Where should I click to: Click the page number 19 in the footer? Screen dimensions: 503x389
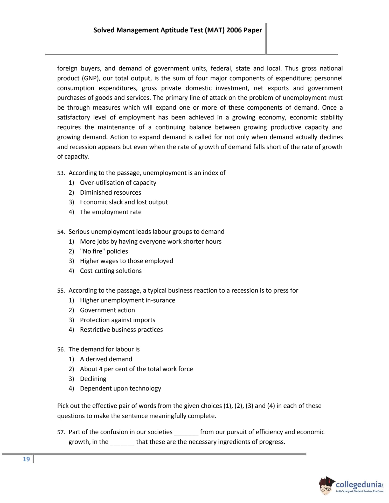[26, 459]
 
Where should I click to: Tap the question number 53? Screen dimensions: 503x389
[61, 173]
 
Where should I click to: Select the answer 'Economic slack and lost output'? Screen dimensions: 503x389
[124, 202]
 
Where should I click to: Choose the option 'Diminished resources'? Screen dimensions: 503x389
[110, 193]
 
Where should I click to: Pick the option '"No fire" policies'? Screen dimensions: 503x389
[104, 251]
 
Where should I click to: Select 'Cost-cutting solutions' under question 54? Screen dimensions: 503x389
[111, 271]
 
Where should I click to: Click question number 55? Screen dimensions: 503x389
[61, 291]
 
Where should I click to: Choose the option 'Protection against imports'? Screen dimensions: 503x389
[117, 320]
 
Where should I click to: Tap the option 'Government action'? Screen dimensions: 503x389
[107, 310]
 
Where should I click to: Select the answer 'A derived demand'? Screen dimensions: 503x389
[106, 359]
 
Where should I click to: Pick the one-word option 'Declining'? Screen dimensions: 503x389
[93, 379]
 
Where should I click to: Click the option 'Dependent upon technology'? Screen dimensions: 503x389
[120, 388]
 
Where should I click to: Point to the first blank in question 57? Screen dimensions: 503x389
[186, 432]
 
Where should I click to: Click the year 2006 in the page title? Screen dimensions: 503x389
[234, 30]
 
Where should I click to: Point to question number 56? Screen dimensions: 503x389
[61, 350]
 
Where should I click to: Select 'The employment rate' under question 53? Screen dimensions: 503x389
[111, 212]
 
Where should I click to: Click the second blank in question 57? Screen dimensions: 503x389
[122, 442]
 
